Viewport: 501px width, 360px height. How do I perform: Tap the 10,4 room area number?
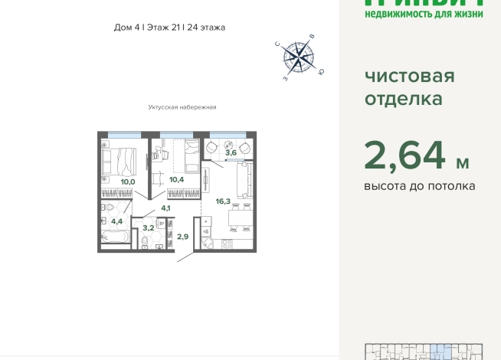pos(177,179)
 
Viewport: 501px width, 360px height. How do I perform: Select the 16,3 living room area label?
pos(223,202)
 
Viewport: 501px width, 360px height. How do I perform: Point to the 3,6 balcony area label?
pos(231,153)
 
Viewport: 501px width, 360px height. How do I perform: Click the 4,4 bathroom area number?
pos(116,221)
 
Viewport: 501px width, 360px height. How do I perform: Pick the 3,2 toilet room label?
pos(148,227)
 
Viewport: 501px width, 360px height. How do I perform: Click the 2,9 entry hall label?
pos(182,237)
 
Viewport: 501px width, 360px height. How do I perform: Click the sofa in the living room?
pos(244,181)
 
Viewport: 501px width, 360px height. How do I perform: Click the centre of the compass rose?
pos(298,56)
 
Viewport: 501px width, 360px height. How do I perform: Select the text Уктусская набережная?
pos(182,107)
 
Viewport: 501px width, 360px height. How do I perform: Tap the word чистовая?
pos(409,76)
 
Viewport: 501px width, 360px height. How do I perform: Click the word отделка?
pos(403,99)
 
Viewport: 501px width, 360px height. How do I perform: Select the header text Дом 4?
pos(126,28)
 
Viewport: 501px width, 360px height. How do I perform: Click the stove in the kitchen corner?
pos(227,244)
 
